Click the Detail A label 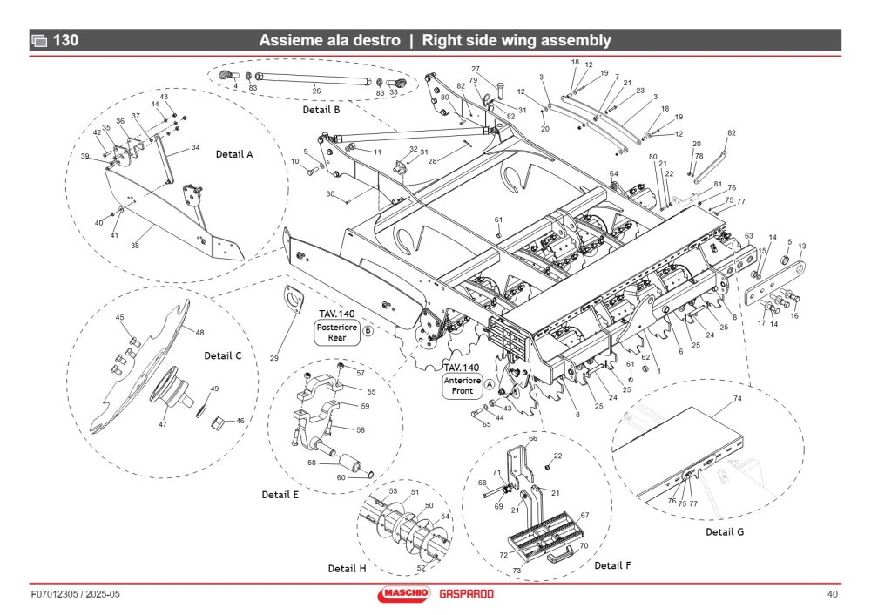[233, 154]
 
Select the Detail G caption [725, 531]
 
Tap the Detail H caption [348, 568]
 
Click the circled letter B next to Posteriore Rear [368, 330]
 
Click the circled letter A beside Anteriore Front [490, 384]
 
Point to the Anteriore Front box [463, 386]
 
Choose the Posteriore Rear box [336, 332]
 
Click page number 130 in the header [65, 40]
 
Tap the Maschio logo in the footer [404, 593]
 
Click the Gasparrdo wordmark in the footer [466, 594]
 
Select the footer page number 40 [832, 594]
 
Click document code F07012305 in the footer [54, 594]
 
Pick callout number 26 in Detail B [316, 91]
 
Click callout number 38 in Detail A [135, 245]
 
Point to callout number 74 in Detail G [737, 398]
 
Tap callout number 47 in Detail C [163, 424]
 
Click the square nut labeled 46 [217, 422]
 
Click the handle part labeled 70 [559, 554]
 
